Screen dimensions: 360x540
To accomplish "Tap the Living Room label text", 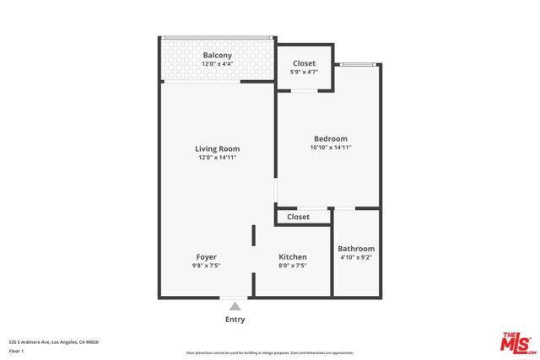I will tap(218, 148).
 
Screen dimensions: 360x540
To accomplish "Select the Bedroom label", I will tap(330, 139).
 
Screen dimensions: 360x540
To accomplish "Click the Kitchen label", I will tap(293, 257).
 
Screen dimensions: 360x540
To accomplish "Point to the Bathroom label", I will tap(356, 249).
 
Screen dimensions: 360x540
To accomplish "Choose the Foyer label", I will tap(207, 257).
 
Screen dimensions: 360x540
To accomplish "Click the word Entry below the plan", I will tap(235, 320).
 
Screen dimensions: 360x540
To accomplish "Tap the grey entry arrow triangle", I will tap(235, 307).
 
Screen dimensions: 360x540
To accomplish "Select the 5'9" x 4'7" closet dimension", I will tap(304, 73).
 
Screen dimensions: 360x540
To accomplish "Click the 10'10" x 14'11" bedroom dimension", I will tap(330, 148).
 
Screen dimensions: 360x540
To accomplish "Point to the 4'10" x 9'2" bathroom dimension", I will tap(356, 257).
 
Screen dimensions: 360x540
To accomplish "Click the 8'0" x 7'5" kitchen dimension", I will tap(293, 266).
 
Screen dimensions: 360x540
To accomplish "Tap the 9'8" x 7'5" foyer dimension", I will tap(207, 266).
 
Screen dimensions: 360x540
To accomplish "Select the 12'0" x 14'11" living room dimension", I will tap(218, 157).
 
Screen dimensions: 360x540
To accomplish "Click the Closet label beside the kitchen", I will tap(298, 217).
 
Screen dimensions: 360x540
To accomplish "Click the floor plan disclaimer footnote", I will tap(270, 352).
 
